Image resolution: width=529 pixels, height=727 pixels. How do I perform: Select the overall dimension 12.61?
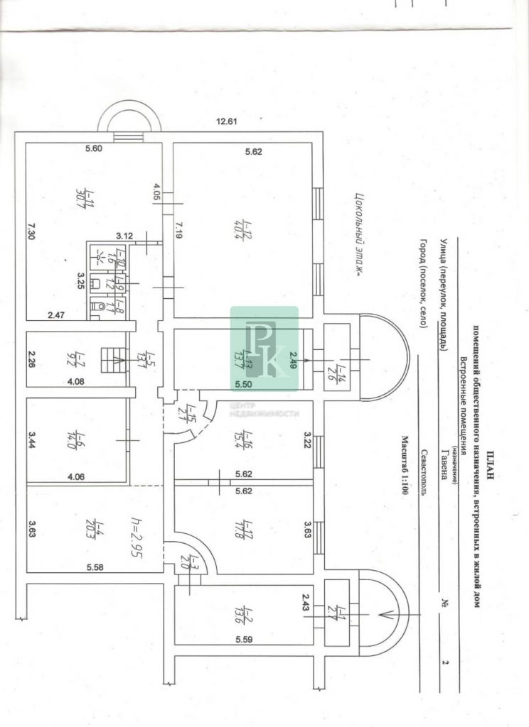click(227, 122)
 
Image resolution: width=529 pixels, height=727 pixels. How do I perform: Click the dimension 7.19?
click(179, 230)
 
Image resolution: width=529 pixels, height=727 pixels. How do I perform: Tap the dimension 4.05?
click(156, 192)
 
